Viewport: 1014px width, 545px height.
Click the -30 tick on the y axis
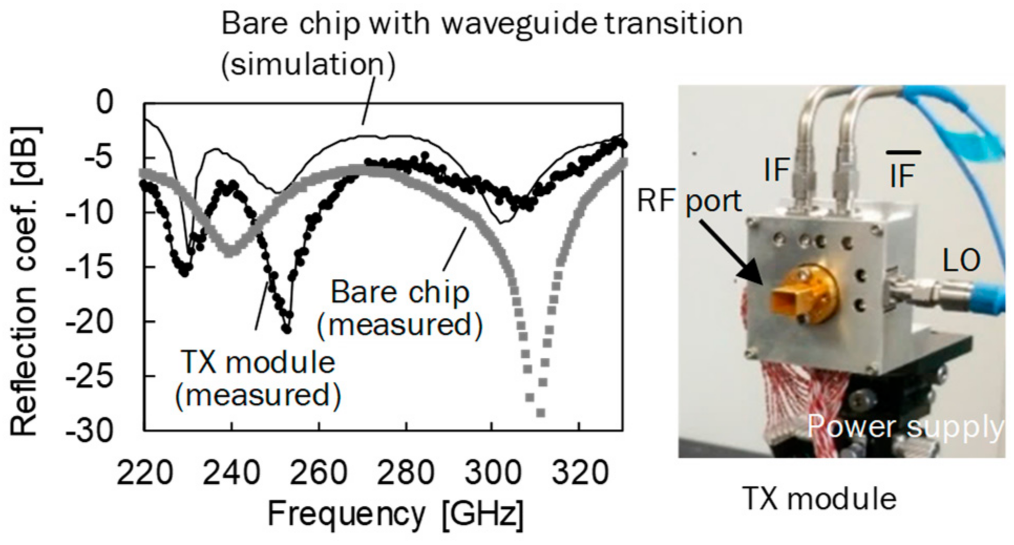tap(89, 432)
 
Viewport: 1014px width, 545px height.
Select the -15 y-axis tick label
tap(89, 267)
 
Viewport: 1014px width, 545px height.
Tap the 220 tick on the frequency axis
tap(144, 473)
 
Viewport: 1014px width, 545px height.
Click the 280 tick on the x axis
tap(406, 473)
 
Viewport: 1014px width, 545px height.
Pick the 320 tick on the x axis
tap(579, 473)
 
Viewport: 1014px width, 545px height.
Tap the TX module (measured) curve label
tap(258, 379)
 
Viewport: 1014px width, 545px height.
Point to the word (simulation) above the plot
tap(308, 65)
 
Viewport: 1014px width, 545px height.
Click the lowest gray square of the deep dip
tap(540, 413)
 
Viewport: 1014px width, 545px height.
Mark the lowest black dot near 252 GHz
tap(287, 330)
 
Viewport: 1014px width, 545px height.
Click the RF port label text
tap(689, 201)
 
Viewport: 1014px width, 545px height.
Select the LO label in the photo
tap(962, 260)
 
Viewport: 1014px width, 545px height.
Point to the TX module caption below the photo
tap(820, 498)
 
